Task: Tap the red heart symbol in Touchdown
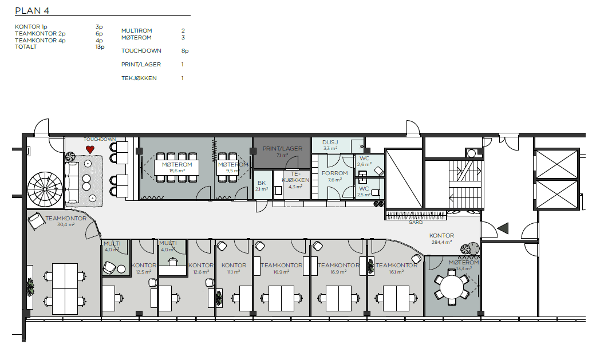[90, 149]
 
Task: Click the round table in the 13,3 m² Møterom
[452, 287]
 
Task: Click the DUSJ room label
[330, 143]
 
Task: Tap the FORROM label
[334, 173]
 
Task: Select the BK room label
[261, 183]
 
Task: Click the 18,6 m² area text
[176, 171]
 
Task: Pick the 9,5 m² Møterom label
[233, 165]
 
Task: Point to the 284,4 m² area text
[442, 242]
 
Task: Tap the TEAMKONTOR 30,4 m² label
[66, 219]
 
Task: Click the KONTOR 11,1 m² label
[234, 266]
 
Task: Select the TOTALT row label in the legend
[26, 47]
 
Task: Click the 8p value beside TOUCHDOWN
[184, 50]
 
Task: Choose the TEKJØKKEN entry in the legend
[139, 78]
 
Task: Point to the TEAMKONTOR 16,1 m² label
[396, 266]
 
